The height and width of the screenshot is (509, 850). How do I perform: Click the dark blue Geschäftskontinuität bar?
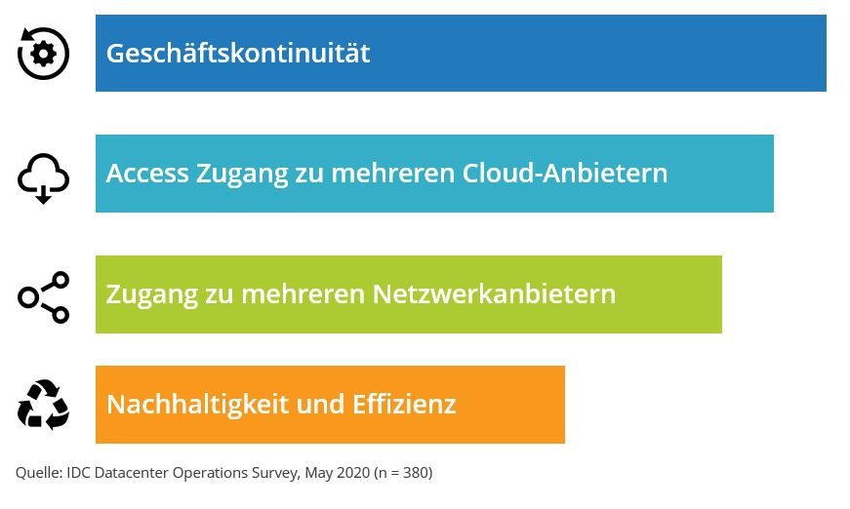461,53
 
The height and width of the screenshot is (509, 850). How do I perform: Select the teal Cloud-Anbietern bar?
434,174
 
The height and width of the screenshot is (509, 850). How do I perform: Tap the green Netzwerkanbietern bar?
409,294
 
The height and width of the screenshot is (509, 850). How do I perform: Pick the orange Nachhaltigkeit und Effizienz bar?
330,405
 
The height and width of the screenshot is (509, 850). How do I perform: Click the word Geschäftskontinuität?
238,53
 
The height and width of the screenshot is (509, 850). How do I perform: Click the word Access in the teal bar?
147,174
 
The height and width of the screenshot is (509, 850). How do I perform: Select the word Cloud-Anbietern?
565,174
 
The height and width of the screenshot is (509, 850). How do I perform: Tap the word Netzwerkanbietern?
494,294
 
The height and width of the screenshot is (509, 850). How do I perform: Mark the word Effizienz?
404,404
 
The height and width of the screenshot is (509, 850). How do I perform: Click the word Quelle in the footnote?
39,473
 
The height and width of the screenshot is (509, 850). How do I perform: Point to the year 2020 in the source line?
353,473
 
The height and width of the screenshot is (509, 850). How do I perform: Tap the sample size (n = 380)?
403,473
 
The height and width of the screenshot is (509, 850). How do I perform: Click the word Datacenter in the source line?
132,473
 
